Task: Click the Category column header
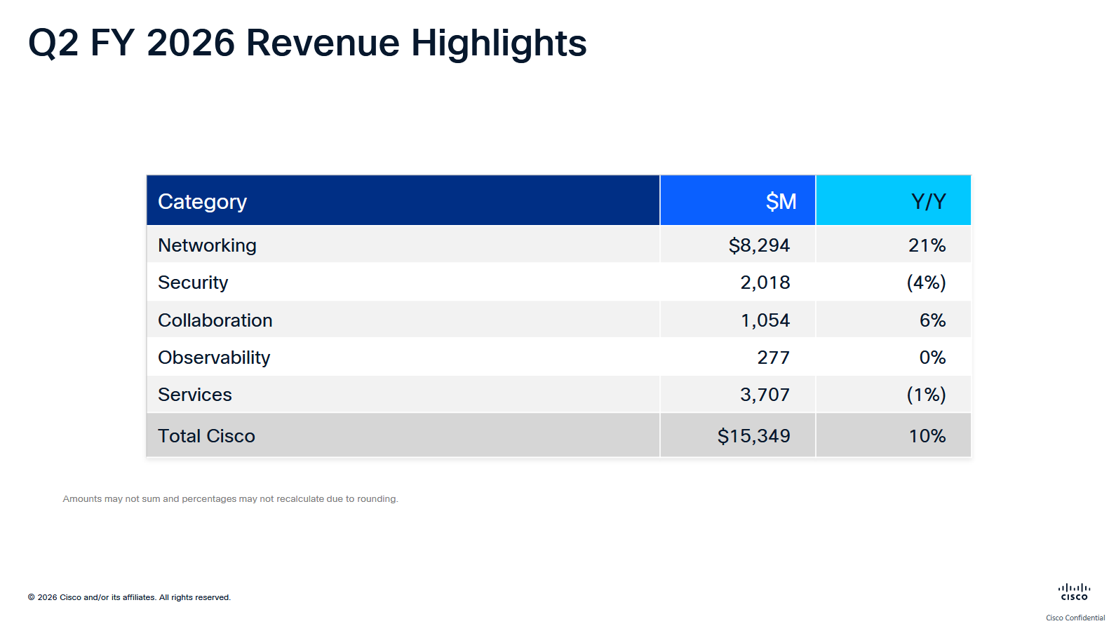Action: tap(202, 202)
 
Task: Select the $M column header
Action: tap(780, 202)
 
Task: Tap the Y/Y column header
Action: tap(927, 202)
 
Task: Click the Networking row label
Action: tap(207, 245)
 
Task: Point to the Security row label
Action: tap(193, 283)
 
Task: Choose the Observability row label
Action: tap(214, 358)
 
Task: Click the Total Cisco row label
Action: tap(206, 436)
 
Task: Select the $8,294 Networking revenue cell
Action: tap(758, 245)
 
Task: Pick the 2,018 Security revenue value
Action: tap(765, 283)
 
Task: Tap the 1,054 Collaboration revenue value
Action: tap(765, 320)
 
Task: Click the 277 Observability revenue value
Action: tap(773, 358)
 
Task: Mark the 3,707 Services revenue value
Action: tap(765, 395)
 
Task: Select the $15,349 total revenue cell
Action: tap(753, 436)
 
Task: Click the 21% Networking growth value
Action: tap(927, 245)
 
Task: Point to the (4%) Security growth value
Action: tap(926, 283)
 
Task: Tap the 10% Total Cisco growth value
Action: tap(927, 436)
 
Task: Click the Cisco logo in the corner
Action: tap(1074, 592)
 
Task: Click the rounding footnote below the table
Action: tap(230, 499)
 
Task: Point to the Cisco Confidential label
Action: tap(1075, 618)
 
